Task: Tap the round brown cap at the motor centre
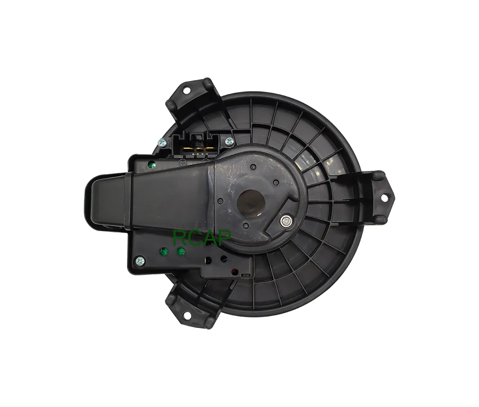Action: click(251, 203)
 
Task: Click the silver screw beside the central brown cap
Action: click(286, 221)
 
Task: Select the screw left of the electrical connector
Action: click(163, 142)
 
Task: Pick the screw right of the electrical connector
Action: click(229, 141)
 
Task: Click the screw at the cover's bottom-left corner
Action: click(140, 261)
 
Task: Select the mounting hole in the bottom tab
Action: click(187, 315)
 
